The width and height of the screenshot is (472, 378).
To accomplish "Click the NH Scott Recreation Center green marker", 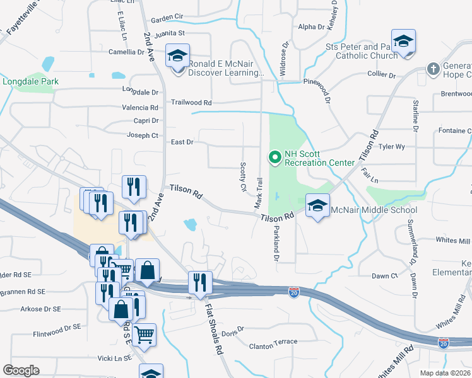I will pyautogui.click(x=275, y=157).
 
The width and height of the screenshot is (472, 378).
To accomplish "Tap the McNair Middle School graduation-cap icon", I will pyautogui.click(x=317, y=206).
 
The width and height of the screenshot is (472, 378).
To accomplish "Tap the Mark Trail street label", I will pyautogui.click(x=259, y=193).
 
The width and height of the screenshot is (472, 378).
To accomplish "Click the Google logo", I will pyautogui.click(x=21, y=370).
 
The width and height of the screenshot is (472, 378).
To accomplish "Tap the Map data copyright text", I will pyautogui.click(x=445, y=373).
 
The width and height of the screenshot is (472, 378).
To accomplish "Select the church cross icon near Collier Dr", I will pyautogui.click(x=433, y=68).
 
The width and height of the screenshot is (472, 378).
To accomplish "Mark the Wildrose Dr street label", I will pyautogui.click(x=284, y=60).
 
